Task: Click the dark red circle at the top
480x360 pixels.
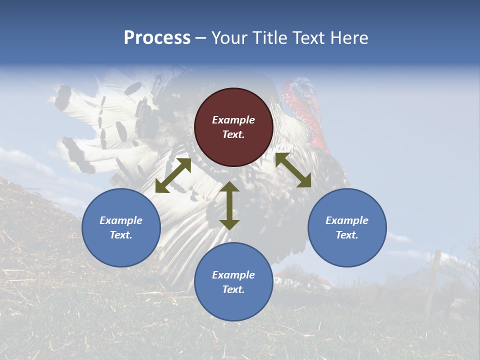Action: pyautogui.click(x=233, y=127)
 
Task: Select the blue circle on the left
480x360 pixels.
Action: pyautogui.click(x=121, y=227)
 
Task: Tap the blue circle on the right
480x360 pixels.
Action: pyautogui.click(x=347, y=227)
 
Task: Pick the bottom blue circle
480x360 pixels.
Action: pyautogui.click(x=233, y=282)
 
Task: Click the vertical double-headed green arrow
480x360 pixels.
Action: pyautogui.click(x=229, y=205)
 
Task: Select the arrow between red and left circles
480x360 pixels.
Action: pyautogui.click(x=173, y=175)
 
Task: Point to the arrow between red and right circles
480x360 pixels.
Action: pyautogui.click(x=293, y=170)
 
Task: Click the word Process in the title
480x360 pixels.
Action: pyautogui.click(x=157, y=38)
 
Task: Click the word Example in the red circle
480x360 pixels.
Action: pyautogui.click(x=233, y=120)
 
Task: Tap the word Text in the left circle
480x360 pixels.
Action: pyautogui.click(x=121, y=235)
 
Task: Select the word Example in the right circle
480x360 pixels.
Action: pyautogui.click(x=347, y=220)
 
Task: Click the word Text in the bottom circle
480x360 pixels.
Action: pyautogui.click(x=233, y=289)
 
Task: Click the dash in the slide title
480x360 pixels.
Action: pyautogui.click(x=200, y=38)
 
